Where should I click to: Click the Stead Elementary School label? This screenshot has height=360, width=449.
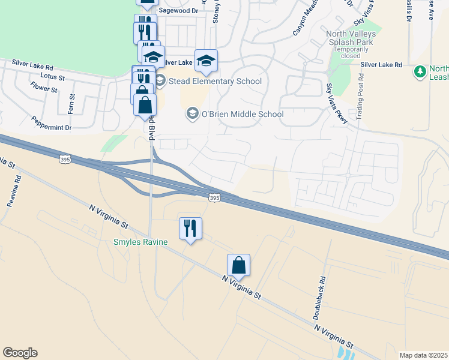215,81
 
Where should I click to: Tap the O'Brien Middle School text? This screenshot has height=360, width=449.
242,113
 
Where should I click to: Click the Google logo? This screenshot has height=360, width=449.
20,353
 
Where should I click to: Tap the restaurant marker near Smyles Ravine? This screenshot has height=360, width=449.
190,229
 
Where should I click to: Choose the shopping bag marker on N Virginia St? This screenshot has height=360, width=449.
238,265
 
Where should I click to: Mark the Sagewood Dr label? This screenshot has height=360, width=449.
178,11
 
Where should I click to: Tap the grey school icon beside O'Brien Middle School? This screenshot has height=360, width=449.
192,113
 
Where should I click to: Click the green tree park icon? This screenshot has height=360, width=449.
420,72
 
